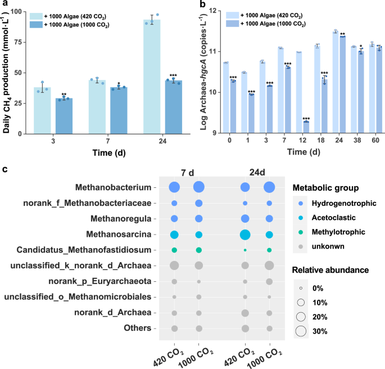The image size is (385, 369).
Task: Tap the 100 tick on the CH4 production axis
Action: pyautogui.click(x=25, y=12)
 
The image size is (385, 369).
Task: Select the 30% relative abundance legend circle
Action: pyautogui.click(x=301, y=331)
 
